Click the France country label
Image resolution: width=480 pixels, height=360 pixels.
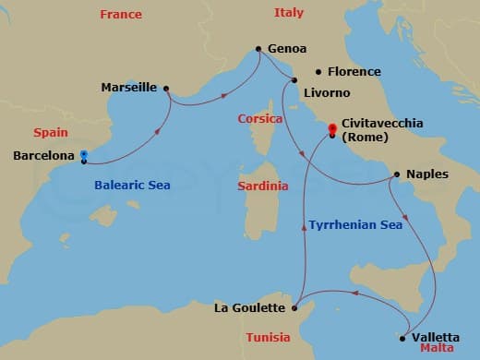point(121,15)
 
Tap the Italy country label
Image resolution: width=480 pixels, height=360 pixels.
point(288,13)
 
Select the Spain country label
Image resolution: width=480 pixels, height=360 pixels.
point(51,133)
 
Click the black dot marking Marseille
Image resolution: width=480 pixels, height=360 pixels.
point(166,89)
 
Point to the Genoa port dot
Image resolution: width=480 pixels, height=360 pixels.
point(258,49)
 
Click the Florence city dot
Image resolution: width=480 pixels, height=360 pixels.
point(318,72)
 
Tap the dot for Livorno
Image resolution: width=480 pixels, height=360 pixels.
point(294,80)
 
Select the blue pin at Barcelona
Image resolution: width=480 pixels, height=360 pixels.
point(83,155)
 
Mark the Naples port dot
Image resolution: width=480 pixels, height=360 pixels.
point(396,174)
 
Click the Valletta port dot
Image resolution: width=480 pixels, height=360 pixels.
point(402,338)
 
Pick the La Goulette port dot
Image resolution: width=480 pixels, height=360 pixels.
point(294,308)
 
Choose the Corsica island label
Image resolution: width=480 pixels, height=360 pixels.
point(260,119)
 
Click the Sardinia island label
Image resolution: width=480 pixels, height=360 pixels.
point(262,186)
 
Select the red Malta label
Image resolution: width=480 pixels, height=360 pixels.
point(437,351)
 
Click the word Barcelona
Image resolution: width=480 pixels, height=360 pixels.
point(42,156)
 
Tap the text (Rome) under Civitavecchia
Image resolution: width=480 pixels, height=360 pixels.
point(366,137)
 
